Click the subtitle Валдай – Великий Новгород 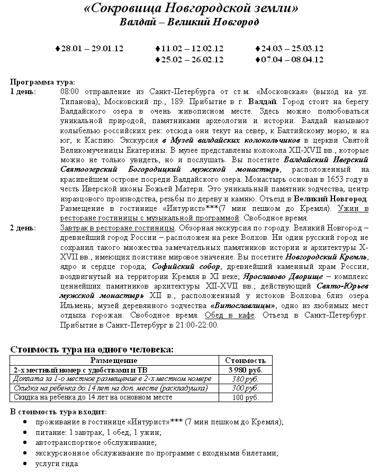pos(189,22)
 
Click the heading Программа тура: pos(43,82)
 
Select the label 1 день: pos(23,91)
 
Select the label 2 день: pos(23,228)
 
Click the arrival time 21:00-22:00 pos(194,324)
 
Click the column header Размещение pos(114,360)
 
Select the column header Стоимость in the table pos(246,360)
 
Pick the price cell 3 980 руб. pos(246,370)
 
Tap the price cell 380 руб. pos(246,379)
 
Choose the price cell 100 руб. pos(246,397)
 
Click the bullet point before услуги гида pos(25,464)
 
